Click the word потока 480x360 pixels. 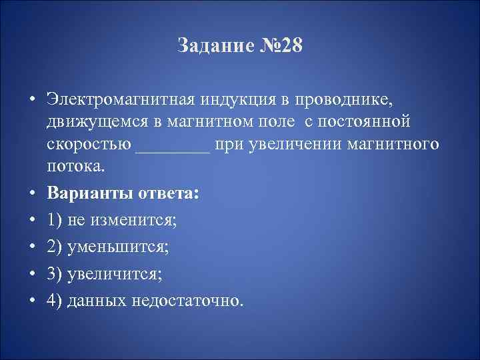pyautogui.click(x=74, y=167)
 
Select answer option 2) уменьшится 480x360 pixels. pyautogui.click(x=107, y=247)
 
